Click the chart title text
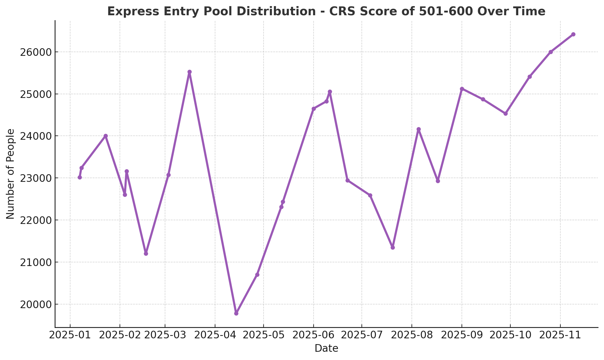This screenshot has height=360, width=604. coord(326,12)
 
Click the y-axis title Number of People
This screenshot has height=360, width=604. coord(10,174)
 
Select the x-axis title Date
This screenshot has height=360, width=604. coord(326,348)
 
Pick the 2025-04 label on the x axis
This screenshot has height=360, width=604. coord(215,335)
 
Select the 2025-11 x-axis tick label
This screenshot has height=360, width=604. coord(560,335)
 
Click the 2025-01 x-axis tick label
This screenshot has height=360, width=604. coord(70,335)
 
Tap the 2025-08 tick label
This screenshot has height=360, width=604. coord(412,335)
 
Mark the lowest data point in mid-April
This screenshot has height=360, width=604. coord(236,313)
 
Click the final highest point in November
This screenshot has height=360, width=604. coord(573,34)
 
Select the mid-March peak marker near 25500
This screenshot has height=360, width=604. coord(189,72)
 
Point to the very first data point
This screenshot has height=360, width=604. coord(80,177)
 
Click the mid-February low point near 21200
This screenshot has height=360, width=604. coord(146,254)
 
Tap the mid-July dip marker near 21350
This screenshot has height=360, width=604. coord(393,247)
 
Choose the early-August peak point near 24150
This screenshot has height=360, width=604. coord(419,129)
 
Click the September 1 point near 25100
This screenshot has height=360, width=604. coord(462,89)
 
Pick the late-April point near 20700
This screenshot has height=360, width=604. coord(257,275)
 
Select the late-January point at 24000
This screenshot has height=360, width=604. coord(106,136)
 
